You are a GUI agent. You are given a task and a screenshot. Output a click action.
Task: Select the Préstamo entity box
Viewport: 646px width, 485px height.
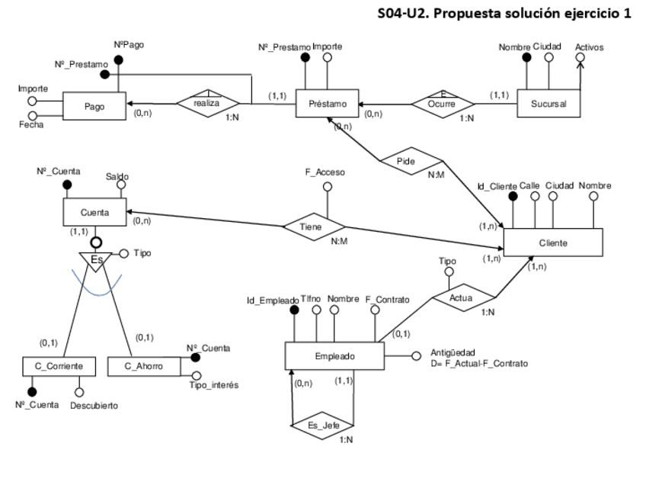click(x=328, y=104)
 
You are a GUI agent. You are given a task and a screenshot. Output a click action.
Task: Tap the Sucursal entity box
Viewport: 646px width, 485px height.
click(x=547, y=104)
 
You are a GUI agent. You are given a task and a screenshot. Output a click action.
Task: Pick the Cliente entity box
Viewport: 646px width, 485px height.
click(x=553, y=242)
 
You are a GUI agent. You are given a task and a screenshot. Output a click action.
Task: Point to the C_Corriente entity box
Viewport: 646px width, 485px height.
click(x=59, y=367)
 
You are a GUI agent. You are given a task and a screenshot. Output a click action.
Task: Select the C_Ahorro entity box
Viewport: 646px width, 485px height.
click(x=145, y=367)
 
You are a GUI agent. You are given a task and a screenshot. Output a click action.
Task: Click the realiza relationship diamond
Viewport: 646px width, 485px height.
click(x=207, y=104)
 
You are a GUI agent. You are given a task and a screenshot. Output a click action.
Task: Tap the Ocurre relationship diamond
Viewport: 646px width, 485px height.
click(x=443, y=103)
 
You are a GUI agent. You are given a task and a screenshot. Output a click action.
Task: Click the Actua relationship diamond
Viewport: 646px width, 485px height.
click(x=462, y=296)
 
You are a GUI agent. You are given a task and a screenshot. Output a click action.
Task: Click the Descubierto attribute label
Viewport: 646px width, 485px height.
click(x=94, y=406)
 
